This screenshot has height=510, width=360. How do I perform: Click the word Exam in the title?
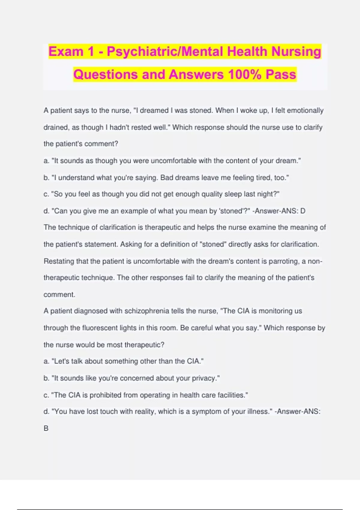(66, 52)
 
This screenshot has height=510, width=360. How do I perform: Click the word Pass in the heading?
(281, 74)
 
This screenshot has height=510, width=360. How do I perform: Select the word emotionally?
(305, 110)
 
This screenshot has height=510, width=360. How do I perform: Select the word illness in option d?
(257, 411)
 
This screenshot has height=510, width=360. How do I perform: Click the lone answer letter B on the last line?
(46, 428)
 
